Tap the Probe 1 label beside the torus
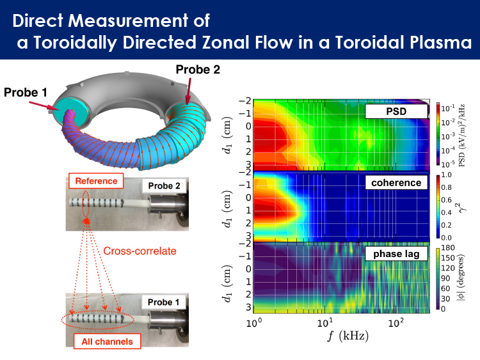point(26,92)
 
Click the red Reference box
point(97,181)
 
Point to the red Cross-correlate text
point(140,251)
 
